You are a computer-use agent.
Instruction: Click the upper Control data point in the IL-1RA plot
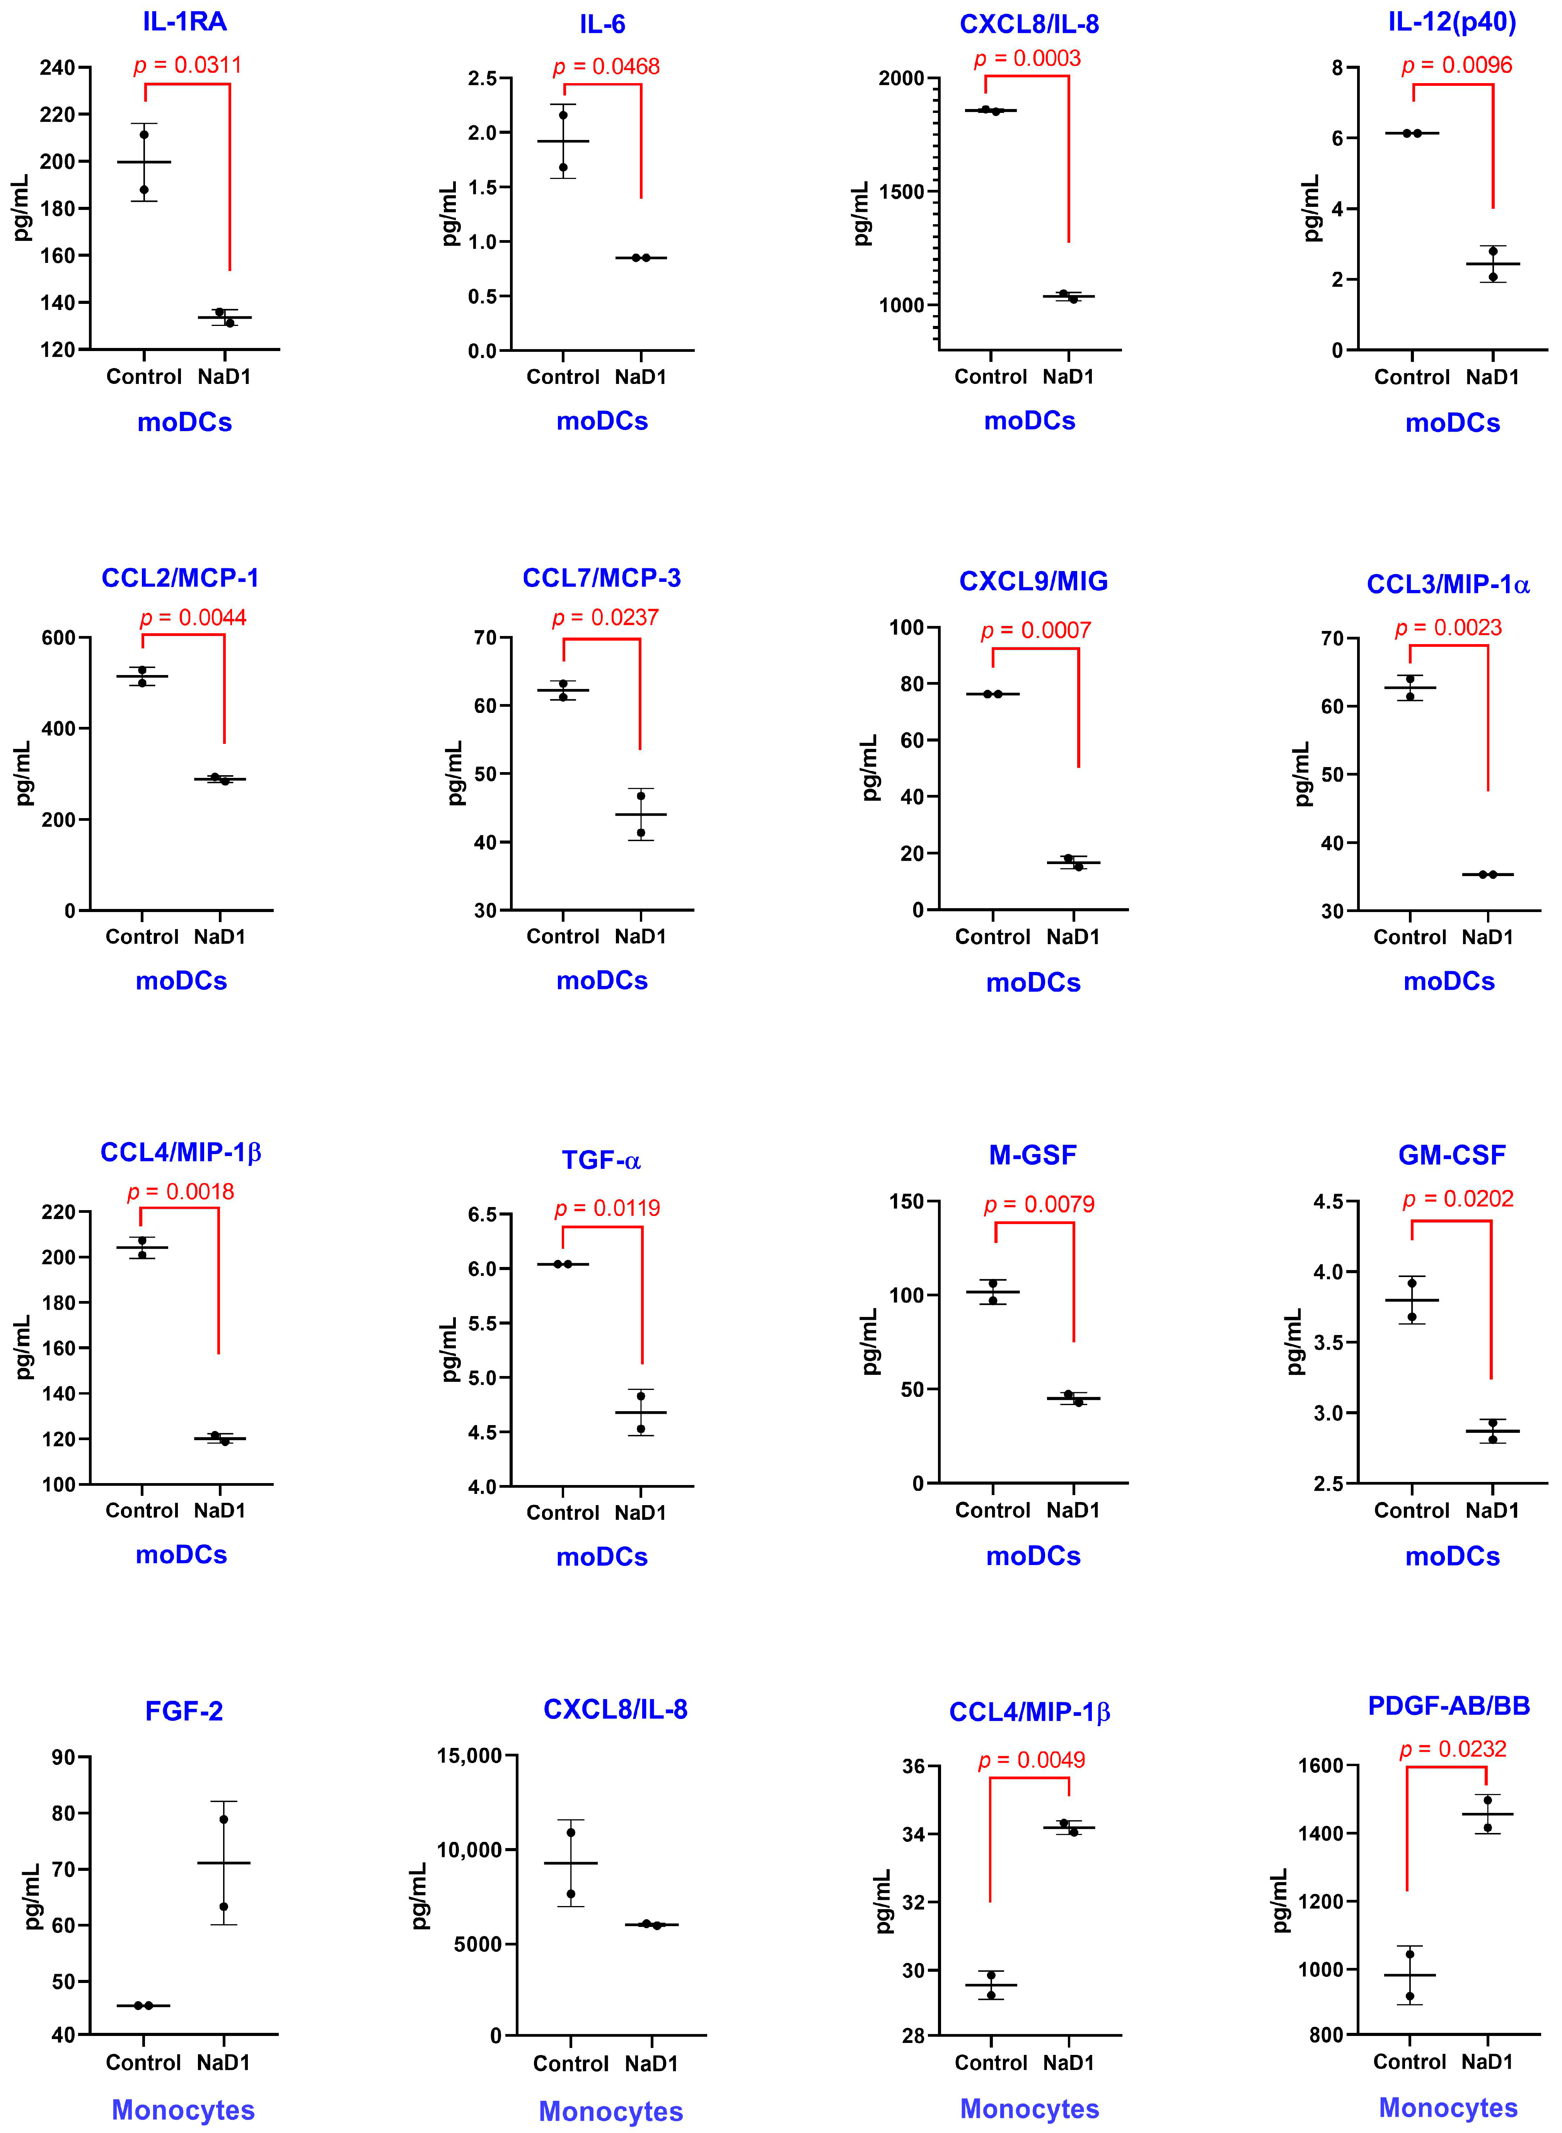click(144, 134)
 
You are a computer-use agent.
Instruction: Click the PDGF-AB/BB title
click(1449, 1706)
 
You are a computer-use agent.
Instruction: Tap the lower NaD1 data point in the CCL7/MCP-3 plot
click(641, 833)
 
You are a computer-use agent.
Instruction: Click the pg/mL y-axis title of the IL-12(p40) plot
click(1311, 208)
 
